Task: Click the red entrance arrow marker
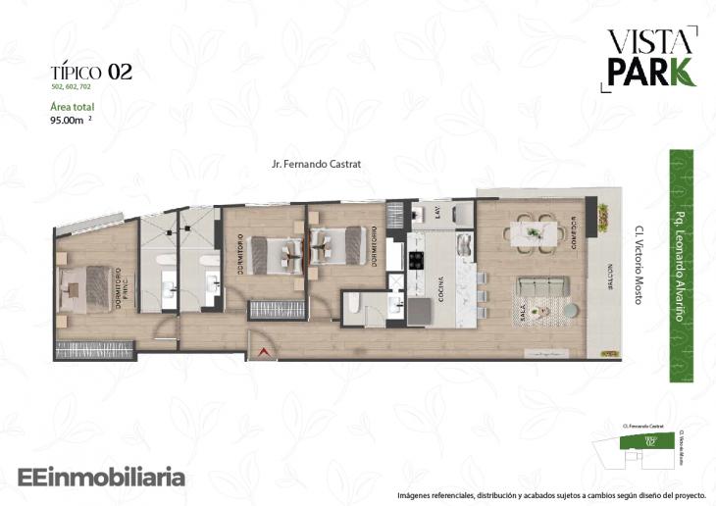(x=262, y=351)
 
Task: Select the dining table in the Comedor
(x=534, y=233)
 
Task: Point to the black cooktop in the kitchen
(x=415, y=261)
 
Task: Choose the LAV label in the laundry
(x=438, y=214)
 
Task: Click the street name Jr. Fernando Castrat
(x=317, y=165)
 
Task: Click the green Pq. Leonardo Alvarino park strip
(x=682, y=265)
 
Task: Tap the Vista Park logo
(x=649, y=58)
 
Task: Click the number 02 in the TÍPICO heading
(x=121, y=72)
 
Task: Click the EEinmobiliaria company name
(x=102, y=478)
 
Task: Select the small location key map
(x=644, y=446)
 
